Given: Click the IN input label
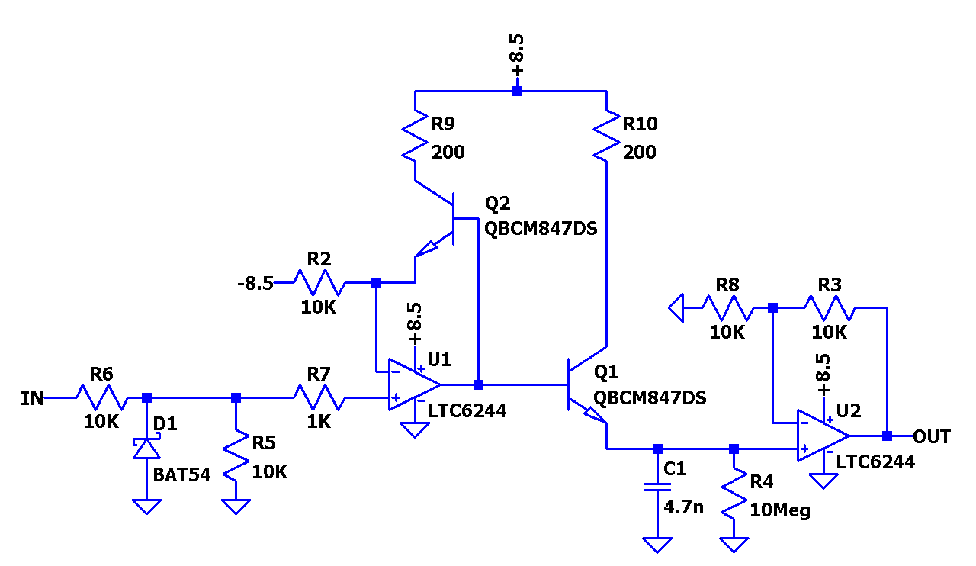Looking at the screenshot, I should (32, 397).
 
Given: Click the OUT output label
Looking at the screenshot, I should (932, 436).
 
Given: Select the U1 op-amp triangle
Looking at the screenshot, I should (413, 384).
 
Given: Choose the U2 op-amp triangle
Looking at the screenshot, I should (821, 436).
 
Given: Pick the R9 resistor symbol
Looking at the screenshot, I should (415, 137).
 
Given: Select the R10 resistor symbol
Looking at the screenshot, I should (606, 137).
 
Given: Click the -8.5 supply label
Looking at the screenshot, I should (255, 284).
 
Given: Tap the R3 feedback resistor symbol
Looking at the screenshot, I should (830, 308).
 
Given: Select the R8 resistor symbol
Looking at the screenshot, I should (727, 308).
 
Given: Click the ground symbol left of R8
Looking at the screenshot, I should (675, 308).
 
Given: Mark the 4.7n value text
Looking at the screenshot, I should (683, 507).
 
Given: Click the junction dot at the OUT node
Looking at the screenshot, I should (887, 436).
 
